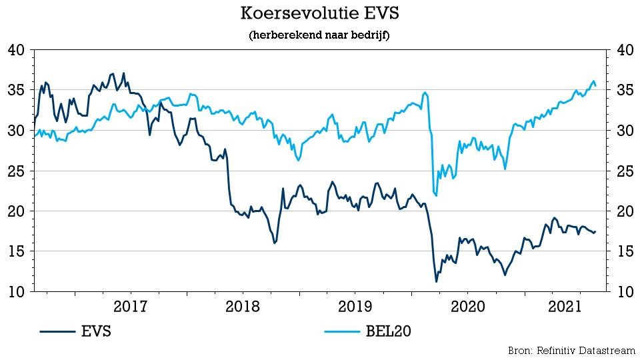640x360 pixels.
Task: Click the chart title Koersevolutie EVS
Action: [x=319, y=13]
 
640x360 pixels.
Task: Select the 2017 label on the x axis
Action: [x=131, y=307]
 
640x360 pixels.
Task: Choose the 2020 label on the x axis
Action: [x=467, y=307]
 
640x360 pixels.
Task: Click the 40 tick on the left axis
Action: [x=16, y=50]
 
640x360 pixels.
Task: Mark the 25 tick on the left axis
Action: [x=16, y=171]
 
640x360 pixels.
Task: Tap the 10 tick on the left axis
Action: [x=16, y=292]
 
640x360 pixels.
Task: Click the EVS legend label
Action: [x=97, y=331]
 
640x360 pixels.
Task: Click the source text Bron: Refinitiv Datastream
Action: [x=570, y=350]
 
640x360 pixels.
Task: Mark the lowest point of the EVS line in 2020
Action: [x=437, y=281]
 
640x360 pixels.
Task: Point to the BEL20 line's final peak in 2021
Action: [x=593, y=81]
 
